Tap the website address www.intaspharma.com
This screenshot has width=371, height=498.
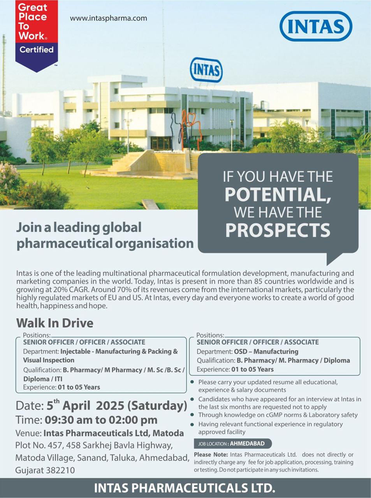tap(109, 18)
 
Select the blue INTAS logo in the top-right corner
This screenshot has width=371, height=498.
tap(316, 26)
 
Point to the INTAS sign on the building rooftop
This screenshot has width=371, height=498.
tap(206, 70)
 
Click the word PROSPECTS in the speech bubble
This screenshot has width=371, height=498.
tap(278, 230)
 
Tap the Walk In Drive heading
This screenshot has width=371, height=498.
tap(55, 323)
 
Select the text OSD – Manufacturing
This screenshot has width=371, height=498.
tap(266, 351)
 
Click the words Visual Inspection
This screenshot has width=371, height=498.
tap(49, 360)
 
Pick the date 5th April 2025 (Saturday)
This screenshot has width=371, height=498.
tap(117, 405)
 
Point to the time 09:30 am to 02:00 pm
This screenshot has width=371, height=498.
tap(101, 420)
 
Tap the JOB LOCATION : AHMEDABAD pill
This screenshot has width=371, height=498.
tap(232, 444)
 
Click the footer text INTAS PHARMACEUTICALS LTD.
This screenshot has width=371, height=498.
tap(185, 487)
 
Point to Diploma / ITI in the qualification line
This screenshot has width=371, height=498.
tap(43, 379)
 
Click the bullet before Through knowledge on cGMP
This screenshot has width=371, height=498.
tap(192, 415)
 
